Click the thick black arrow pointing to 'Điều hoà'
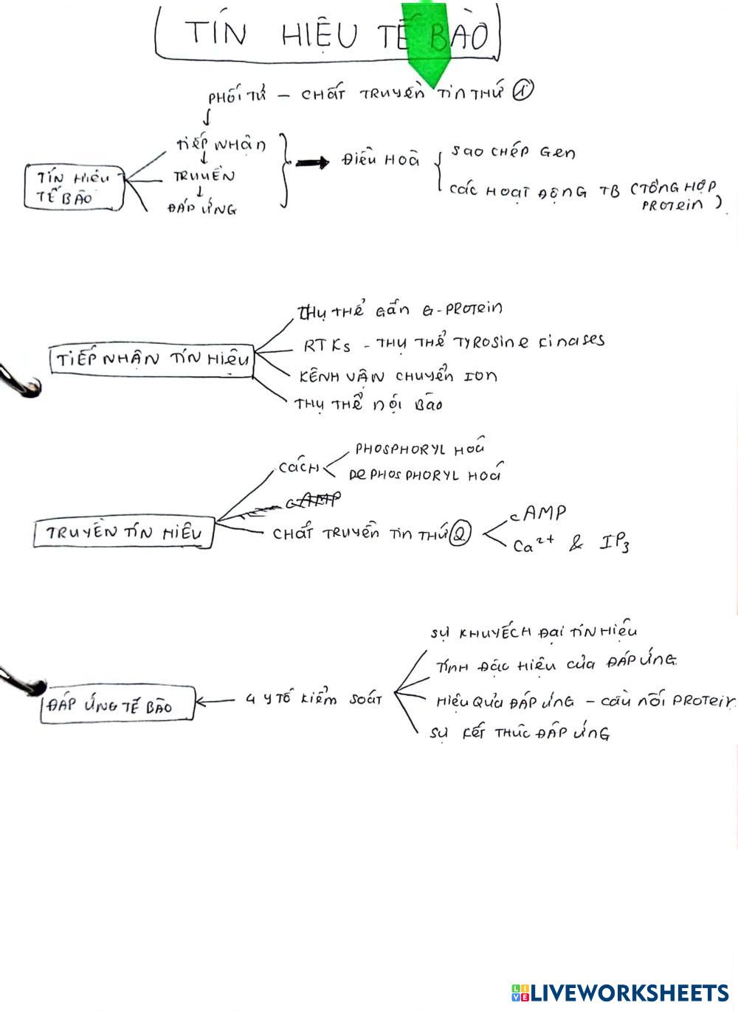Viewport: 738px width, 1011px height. click(313, 162)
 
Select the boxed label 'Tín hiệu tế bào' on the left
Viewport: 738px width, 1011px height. click(72, 187)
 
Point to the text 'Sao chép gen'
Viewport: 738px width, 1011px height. click(513, 152)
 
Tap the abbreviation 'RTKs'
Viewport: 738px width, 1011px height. click(327, 345)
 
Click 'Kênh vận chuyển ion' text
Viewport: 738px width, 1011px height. click(398, 376)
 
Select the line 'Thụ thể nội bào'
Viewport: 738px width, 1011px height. click(368, 404)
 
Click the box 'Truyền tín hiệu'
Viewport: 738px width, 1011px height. click(123, 533)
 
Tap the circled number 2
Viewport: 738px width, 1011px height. click(460, 534)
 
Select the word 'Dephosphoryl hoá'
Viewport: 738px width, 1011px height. click(424, 475)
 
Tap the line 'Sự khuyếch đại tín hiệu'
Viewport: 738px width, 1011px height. click(534, 632)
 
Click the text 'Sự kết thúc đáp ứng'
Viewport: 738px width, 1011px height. click(520, 734)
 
